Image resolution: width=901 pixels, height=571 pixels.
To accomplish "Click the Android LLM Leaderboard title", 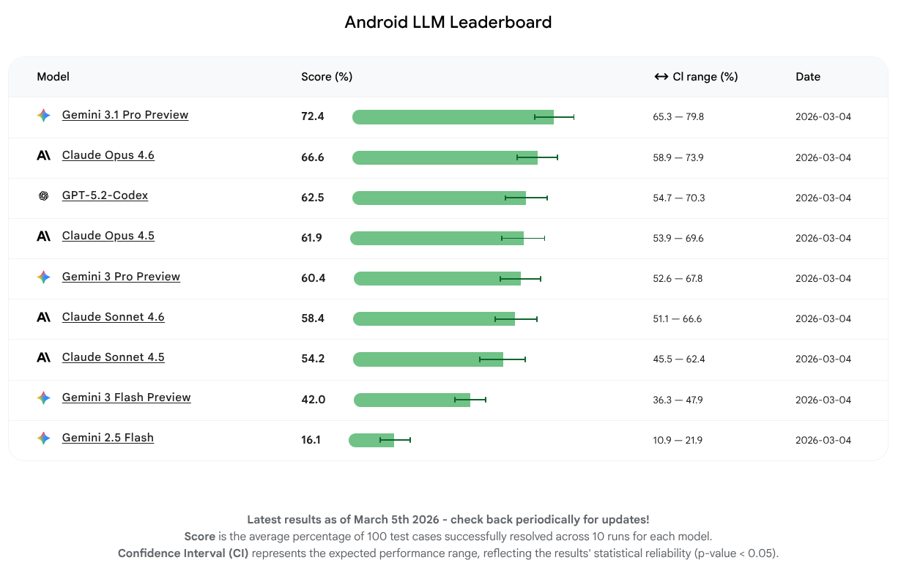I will [448, 23].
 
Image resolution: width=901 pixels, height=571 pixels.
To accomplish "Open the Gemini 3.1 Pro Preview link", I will [125, 115].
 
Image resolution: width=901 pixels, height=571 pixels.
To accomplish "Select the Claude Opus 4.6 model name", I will [108, 155].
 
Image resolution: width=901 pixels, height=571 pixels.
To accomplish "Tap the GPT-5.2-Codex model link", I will [105, 195].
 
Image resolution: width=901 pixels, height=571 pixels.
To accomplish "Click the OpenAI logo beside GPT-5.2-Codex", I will [44, 196].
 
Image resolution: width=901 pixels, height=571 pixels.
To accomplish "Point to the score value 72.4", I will [312, 116].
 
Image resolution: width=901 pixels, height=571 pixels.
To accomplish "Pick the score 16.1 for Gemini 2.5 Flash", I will [311, 440].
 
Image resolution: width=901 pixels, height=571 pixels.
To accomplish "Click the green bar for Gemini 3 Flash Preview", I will [411, 400].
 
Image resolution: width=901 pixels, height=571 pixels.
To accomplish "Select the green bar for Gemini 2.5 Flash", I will [371, 440].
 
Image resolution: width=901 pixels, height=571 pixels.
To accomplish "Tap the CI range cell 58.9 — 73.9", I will [678, 157].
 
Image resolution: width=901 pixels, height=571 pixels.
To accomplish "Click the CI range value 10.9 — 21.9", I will [678, 440].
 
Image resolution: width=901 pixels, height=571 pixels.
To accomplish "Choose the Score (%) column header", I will [327, 77].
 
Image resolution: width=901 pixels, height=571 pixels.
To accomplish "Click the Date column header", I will [808, 77].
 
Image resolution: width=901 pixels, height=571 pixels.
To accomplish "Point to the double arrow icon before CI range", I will [661, 77].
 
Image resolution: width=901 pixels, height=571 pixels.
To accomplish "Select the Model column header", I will [53, 77].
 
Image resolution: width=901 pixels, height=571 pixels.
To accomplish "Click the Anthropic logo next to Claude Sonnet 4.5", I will [44, 357].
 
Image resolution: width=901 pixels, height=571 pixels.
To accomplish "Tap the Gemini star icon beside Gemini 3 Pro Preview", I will [44, 277].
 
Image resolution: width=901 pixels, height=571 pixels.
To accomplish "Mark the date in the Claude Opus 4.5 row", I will [823, 238].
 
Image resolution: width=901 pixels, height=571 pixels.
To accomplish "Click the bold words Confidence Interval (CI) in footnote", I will [183, 553].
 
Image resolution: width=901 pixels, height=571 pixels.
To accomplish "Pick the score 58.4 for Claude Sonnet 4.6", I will [312, 318].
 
